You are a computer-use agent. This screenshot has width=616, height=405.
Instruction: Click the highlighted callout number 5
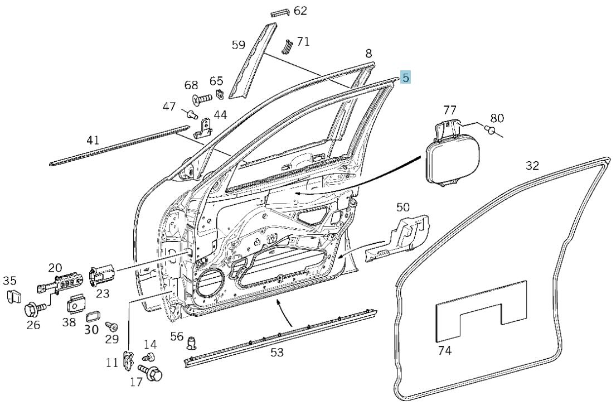tap(405, 78)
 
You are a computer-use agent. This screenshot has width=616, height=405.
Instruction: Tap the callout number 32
tap(532, 166)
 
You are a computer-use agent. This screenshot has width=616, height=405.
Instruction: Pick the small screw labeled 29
tap(111, 326)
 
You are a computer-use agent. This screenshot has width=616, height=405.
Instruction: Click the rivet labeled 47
tap(191, 114)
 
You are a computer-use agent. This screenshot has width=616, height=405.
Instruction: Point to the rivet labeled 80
tap(489, 128)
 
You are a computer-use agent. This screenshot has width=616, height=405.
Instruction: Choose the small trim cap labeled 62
tap(280, 13)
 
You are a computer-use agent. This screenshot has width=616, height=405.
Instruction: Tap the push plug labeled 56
tap(191, 343)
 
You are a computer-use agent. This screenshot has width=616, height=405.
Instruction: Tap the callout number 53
tap(277, 353)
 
